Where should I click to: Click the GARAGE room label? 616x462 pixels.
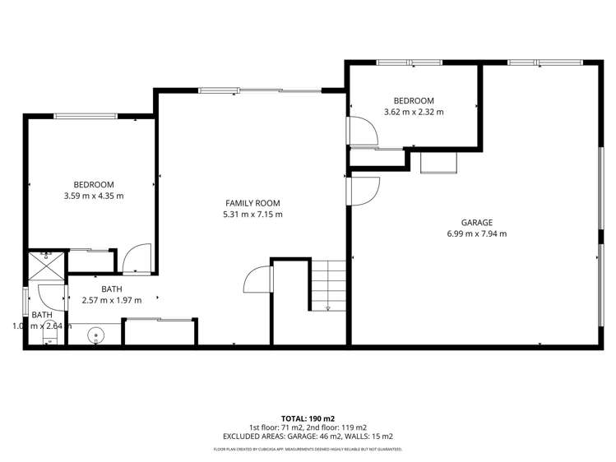[476, 223]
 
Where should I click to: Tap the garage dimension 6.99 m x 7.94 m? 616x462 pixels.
[476, 233]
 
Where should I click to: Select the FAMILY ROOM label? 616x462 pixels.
[253, 203]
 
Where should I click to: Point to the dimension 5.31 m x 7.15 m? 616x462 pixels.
[253, 215]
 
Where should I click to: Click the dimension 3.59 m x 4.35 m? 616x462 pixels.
[94, 196]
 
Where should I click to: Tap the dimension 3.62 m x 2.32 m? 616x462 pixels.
[414, 112]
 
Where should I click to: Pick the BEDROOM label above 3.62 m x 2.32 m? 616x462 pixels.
[414, 100]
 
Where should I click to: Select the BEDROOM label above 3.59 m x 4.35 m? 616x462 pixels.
[94, 185]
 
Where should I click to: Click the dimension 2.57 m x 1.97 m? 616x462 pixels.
[112, 300]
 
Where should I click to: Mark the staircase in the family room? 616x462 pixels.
[327, 284]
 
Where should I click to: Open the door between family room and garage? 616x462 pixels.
[362, 190]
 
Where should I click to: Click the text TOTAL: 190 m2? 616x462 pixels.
[308, 418]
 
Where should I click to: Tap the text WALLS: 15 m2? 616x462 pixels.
[368, 437]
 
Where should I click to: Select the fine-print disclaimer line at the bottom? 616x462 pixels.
[308, 449]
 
